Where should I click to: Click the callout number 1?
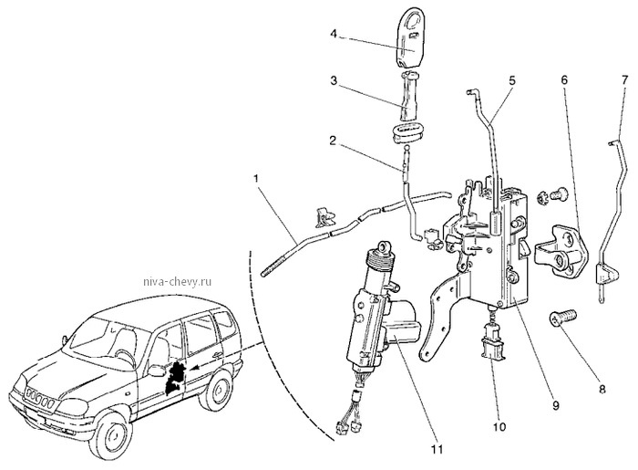click(256, 178)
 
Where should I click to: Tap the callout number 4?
click(334, 34)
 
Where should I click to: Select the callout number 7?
click(625, 79)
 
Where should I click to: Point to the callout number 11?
click(437, 449)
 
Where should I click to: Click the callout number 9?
click(556, 405)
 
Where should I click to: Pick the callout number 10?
click(499, 427)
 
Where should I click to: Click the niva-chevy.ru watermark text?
click(178, 281)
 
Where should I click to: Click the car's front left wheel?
click(113, 438)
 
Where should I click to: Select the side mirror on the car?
click(157, 371)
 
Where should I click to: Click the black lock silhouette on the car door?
click(176, 377)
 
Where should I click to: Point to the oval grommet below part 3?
click(405, 133)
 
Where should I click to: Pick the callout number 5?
click(511, 80)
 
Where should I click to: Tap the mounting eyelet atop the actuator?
click(383, 246)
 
